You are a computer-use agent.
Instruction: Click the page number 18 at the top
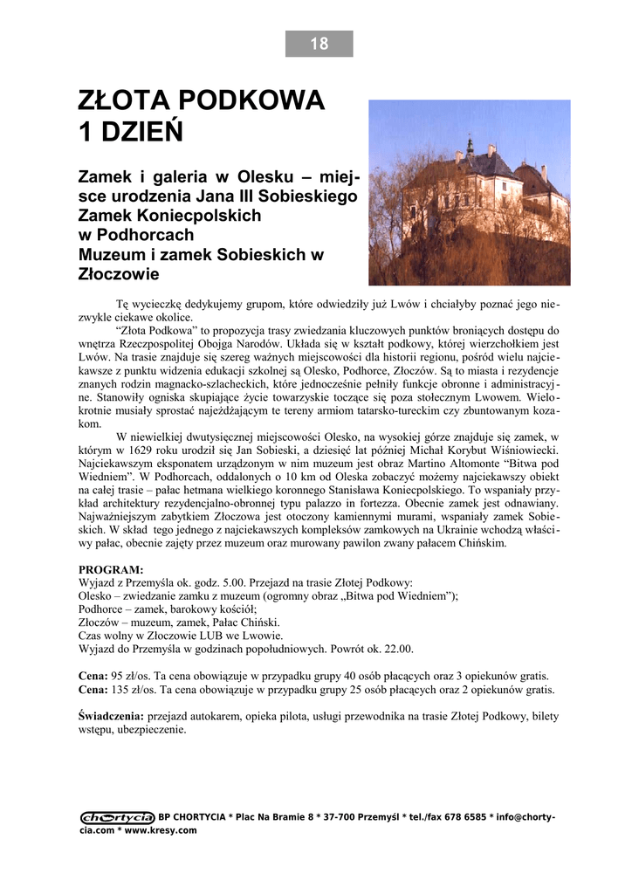[319, 44]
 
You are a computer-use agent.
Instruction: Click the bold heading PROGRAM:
[111, 569]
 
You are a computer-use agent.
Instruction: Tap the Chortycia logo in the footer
[117, 817]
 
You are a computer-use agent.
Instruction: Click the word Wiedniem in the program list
[423, 595]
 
